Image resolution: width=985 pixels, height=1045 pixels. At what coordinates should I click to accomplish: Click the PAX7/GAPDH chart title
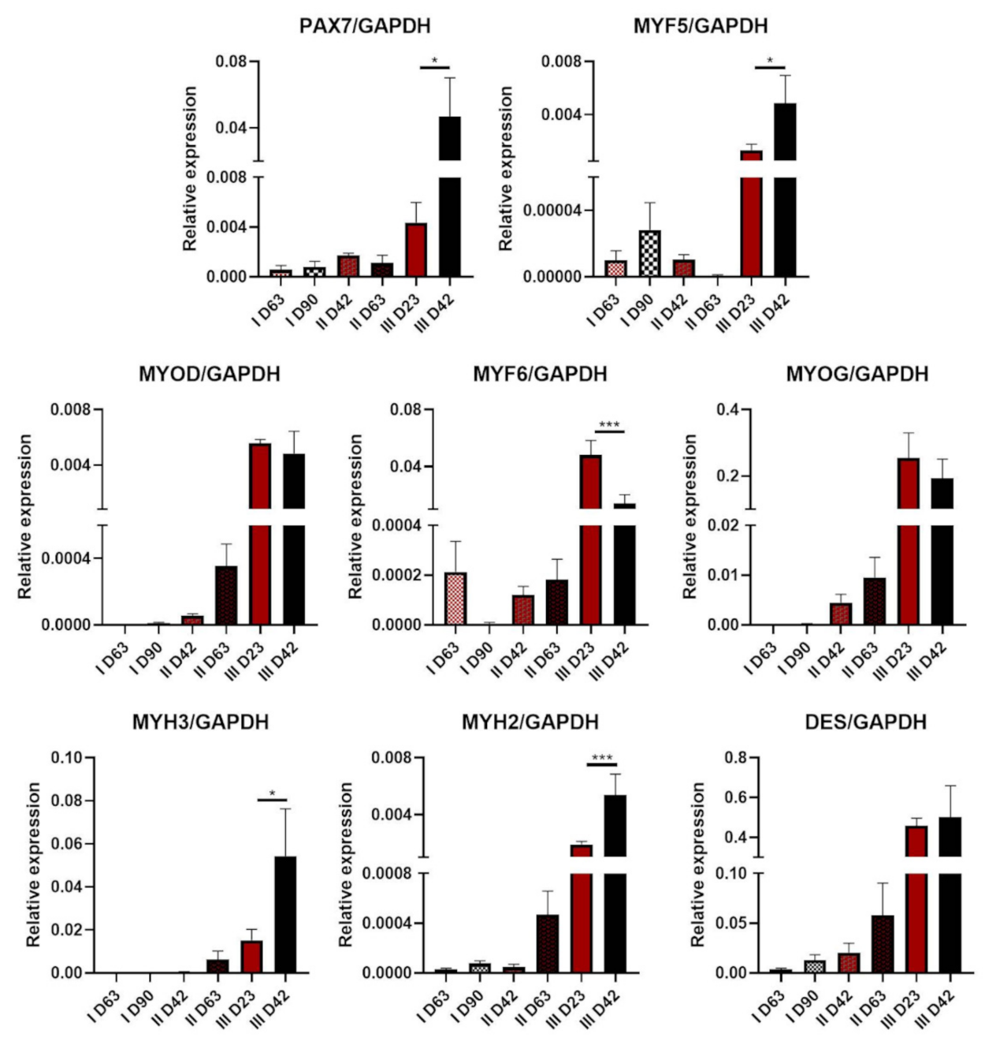pos(365,26)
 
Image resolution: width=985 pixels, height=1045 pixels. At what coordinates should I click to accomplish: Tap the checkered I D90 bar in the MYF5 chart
pos(649,253)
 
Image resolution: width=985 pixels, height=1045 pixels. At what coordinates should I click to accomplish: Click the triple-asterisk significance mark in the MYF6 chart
pos(609,426)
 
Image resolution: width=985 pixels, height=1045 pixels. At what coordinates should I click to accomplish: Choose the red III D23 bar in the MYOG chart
pos(909,552)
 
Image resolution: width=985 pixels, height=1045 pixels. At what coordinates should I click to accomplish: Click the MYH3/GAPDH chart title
pos(200,722)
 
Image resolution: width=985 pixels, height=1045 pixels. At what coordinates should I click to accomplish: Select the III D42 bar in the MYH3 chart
pos(285,915)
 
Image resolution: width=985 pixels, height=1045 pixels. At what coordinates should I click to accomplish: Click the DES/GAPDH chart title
pos(865,722)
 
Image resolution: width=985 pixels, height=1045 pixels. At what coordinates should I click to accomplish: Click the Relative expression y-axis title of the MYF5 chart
pos(506,169)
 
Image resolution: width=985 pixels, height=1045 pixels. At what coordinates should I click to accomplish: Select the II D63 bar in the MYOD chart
pos(226,595)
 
